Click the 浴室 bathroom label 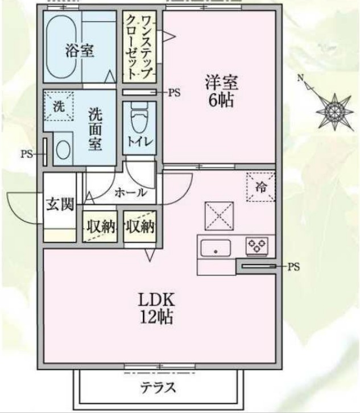point(79,51)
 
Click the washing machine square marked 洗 point(59,106)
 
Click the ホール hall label point(131,193)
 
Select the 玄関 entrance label point(60,204)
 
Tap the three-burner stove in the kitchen point(256,246)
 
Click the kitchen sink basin point(216,248)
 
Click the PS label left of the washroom point(27,152)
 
